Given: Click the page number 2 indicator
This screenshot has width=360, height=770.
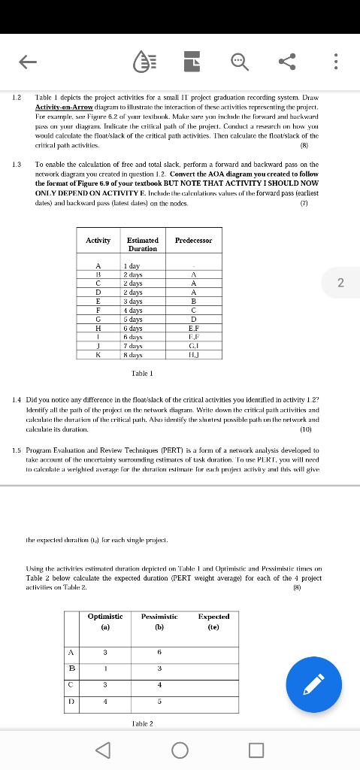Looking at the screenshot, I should tap(340, 283).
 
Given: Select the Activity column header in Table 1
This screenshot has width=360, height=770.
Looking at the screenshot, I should tap(98, 241).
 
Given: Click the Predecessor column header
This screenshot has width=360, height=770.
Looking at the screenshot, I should tap(193, 241).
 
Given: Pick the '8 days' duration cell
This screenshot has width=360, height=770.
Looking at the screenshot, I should tap(134, 354).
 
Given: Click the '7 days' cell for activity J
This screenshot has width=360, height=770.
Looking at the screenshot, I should tap(134, 345).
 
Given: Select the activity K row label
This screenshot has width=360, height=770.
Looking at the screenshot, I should tap(98, 354).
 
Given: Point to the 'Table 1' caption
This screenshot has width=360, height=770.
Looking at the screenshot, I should tap(142, 373).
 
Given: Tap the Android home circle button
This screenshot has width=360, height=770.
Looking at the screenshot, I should tap(180, 750).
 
